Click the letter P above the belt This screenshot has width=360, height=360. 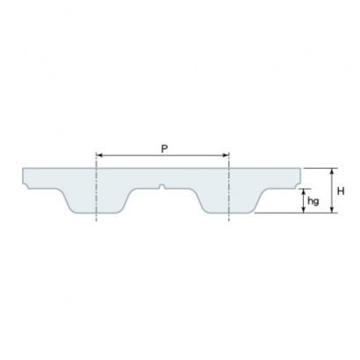[163, 149]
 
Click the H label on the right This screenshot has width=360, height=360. [341, 190]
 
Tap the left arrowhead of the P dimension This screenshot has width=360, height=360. [98, 156]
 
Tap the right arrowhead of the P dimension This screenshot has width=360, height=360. [224, 156]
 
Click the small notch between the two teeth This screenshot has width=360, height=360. [162, 185]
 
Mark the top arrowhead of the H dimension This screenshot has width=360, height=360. [331, 171]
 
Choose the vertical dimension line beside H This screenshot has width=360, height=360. [331, 190]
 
